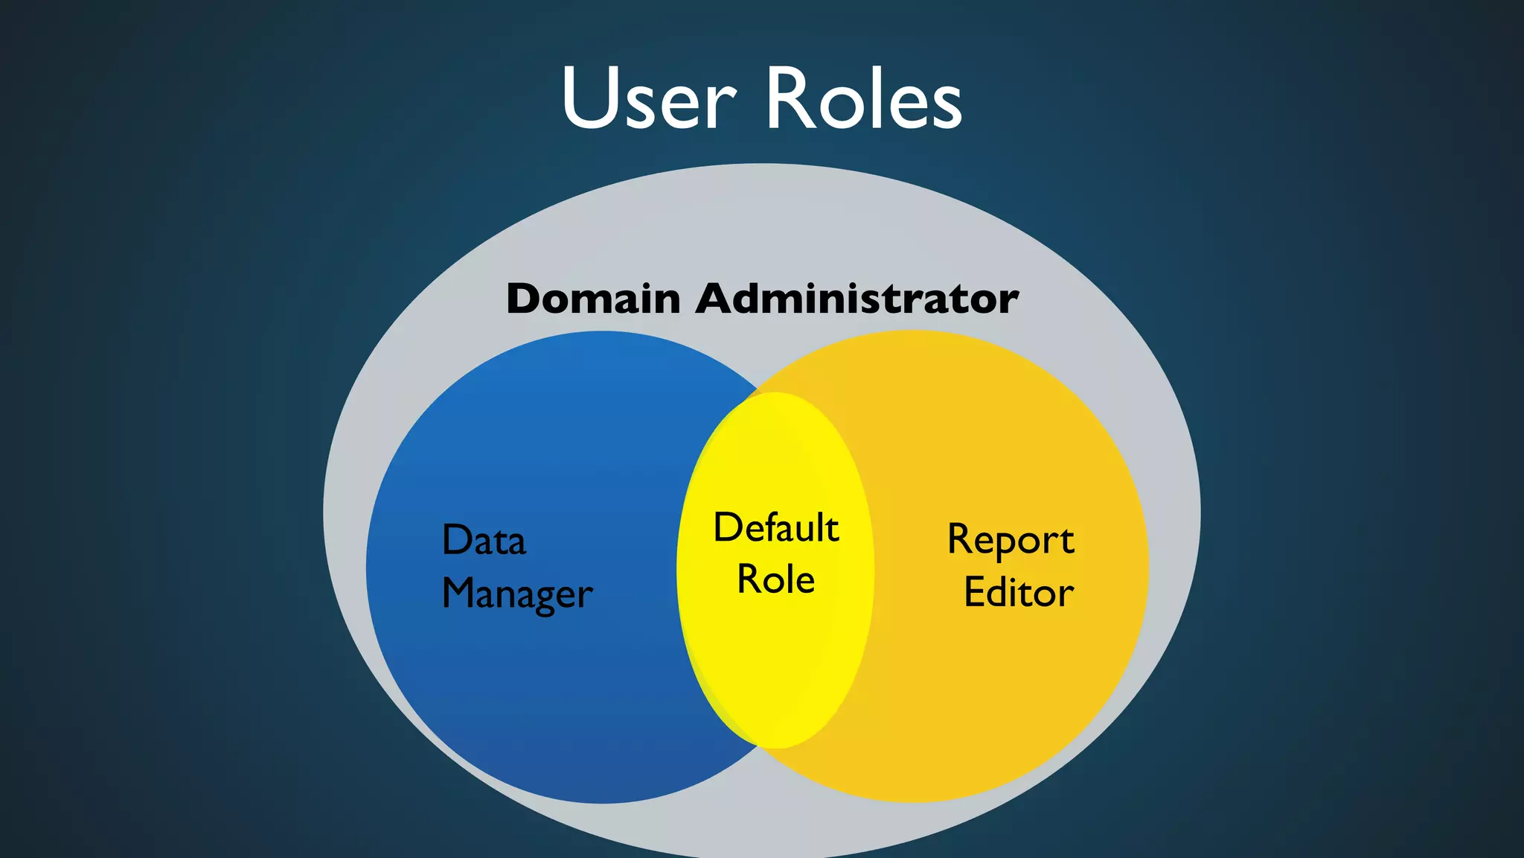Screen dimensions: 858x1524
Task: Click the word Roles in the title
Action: [863, 99]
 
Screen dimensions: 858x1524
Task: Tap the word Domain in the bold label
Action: [593, 299]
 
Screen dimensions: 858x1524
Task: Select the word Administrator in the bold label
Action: [857, 299]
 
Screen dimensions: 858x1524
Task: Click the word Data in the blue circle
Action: [484, 540]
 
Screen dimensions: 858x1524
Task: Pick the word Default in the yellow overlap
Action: [776, 527]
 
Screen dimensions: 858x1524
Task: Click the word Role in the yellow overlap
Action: [775, 579]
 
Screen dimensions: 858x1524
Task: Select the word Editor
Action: [1019, 593]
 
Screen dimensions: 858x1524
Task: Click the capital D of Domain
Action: [526, 299]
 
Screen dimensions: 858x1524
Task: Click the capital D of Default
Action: [728, 527]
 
